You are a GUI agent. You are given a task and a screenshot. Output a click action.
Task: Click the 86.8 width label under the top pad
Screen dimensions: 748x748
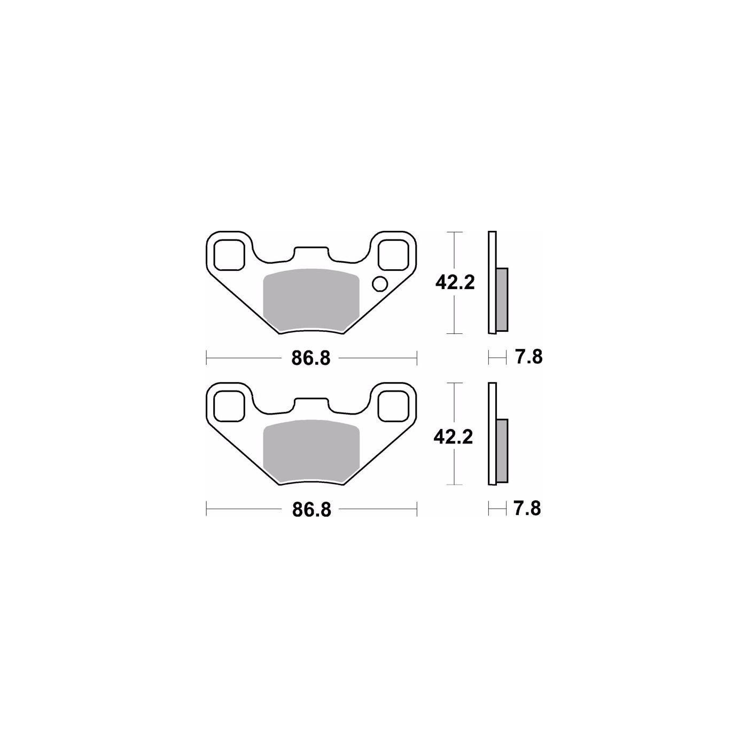pyautogui.click(x=310, y=359)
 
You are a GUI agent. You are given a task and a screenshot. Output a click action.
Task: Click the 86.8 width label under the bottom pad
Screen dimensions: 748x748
pyautogui.click(x=311, y=510)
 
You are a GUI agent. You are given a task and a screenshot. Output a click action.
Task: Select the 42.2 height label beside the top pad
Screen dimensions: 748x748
pyautogui.click(x=455, y=283)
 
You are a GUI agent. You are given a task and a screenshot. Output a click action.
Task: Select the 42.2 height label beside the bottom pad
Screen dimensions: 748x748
pyautogui.click(x=453, y=438)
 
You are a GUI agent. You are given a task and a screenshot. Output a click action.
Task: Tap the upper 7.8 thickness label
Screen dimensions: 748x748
pyautogui.click(x=528, y=357)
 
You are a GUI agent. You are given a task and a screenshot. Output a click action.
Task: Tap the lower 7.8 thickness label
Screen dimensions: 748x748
pyautogui.click(x=527, y=508)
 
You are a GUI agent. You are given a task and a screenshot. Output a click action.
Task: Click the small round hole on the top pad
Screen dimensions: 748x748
pyautogui.click(x=379, y=284)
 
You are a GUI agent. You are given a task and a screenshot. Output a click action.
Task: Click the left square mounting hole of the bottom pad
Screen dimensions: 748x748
pyautogui.click(x=229, y=406)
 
